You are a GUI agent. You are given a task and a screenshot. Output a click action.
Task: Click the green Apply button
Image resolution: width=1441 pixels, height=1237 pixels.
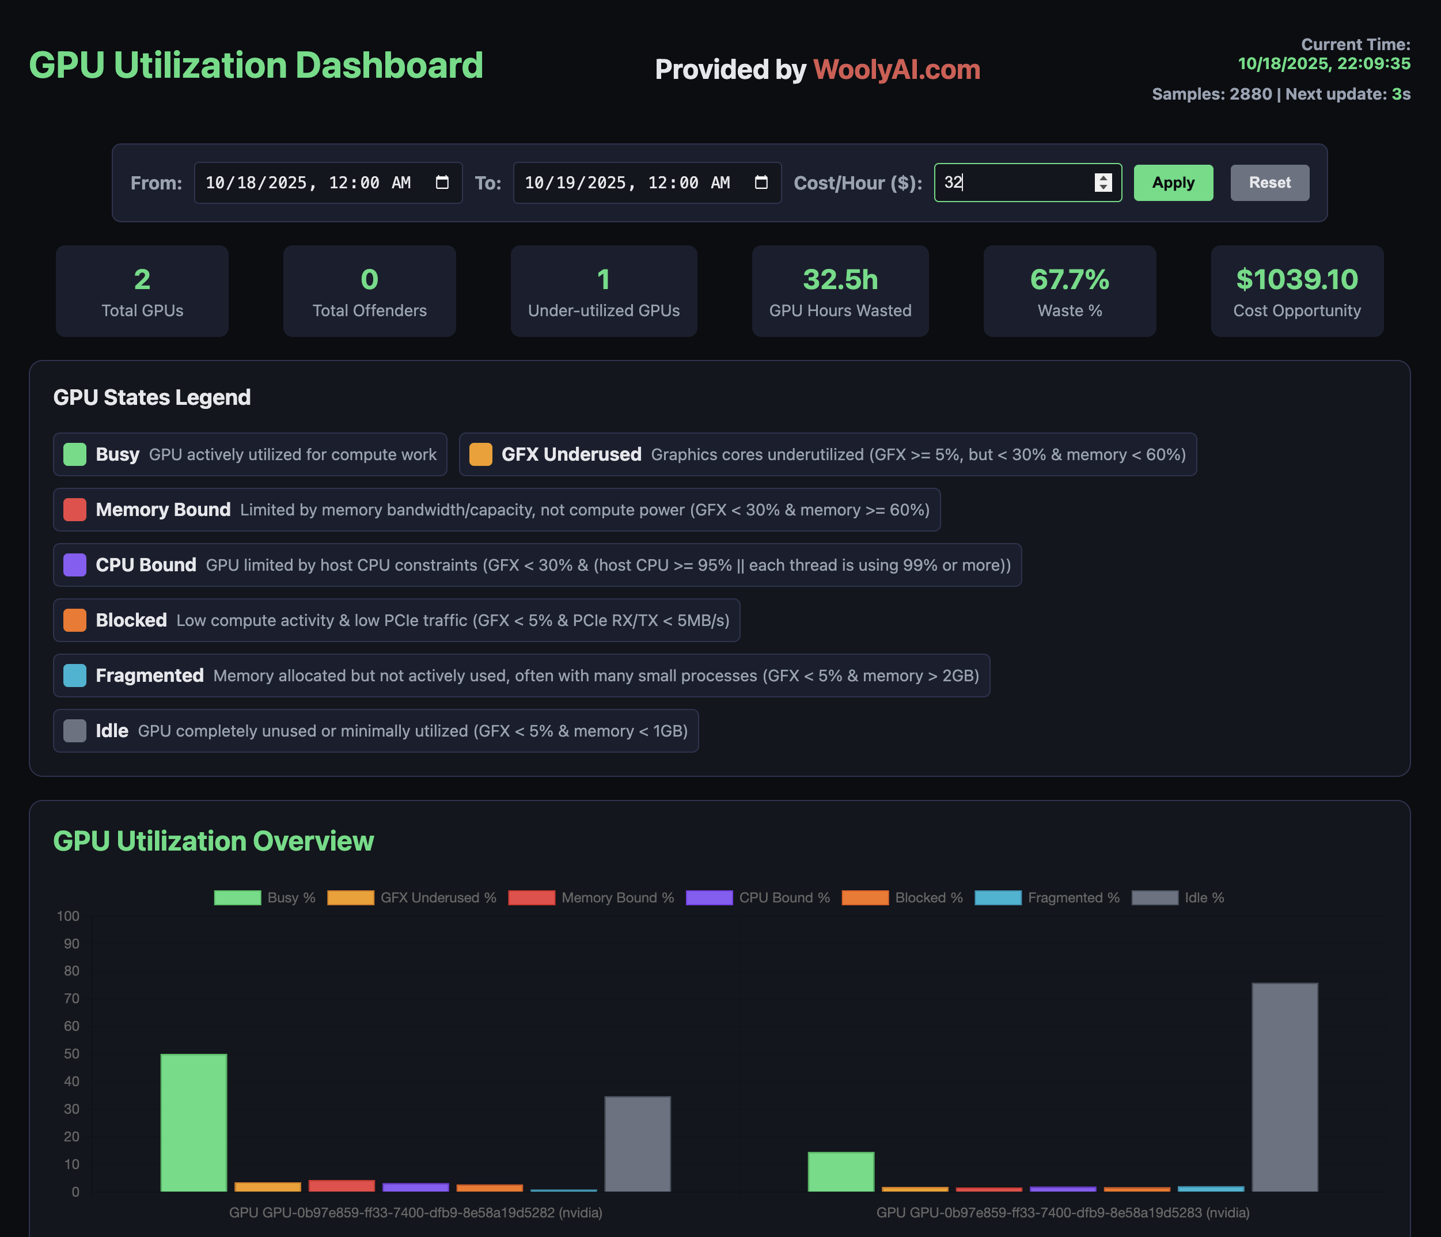coord(1173,183)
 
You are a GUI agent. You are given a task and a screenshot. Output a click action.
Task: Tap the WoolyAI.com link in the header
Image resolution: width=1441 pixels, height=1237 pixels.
coord(897,70)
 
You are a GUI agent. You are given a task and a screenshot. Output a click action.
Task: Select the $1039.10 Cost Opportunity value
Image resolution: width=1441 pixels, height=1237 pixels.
coord(1296,279)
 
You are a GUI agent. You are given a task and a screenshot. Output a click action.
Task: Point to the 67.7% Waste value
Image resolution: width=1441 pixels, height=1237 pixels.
coord(1069,279)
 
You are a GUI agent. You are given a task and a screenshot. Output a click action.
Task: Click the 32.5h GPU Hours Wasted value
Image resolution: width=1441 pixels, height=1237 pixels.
coord(839,279)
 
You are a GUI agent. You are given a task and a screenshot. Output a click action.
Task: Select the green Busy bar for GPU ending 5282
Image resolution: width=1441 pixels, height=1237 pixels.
coord(194,1122)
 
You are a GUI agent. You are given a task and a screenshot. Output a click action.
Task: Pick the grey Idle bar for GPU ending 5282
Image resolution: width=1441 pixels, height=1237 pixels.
coord(637,1144)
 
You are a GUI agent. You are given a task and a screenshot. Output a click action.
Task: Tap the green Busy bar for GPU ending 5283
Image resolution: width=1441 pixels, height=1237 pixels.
coord(840,1172)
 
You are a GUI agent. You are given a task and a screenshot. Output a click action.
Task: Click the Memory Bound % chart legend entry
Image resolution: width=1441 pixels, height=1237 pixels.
coord(591,898)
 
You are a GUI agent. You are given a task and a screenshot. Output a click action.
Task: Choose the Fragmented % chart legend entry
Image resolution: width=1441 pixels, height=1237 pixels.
coord(1048,898)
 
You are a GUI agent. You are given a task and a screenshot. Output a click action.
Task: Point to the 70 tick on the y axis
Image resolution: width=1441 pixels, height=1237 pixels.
coord(71,999)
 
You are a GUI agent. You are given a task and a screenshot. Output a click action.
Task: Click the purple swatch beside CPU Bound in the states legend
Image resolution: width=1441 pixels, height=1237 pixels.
coord(74,564)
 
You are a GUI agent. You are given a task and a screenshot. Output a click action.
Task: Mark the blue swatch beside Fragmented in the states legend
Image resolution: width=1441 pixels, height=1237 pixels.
coord(74,675)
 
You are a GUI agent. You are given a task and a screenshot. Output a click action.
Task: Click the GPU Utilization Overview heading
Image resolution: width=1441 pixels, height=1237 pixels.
coord(214,841)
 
